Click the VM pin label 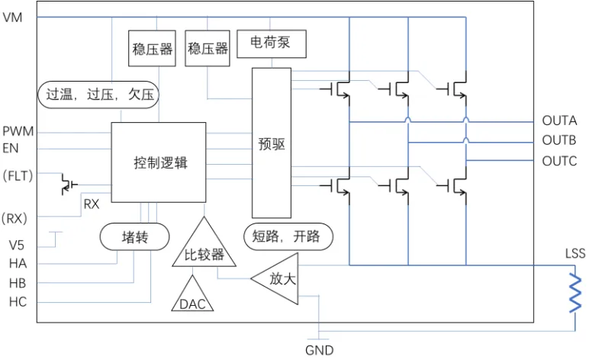12,18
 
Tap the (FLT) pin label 16,177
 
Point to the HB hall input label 18,282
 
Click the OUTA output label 558,121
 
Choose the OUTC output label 558,161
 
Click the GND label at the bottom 320,351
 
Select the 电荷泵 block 271,43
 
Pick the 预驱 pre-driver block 271,143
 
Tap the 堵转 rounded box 134,236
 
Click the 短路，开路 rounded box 282,236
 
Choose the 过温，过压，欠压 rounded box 98,95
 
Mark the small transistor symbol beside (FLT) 69,184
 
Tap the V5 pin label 17,246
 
